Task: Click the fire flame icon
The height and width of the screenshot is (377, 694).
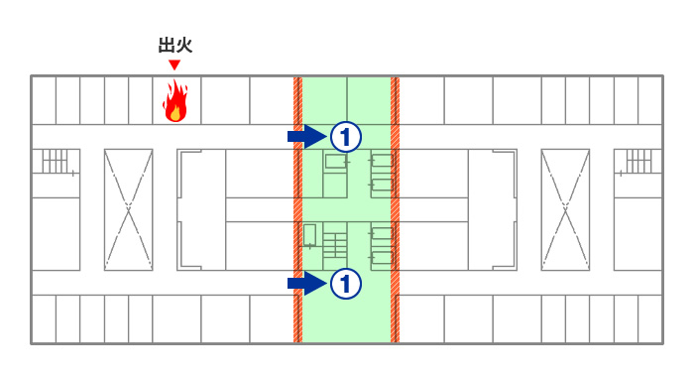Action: point(175,101)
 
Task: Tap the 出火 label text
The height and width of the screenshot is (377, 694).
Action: point(174,45)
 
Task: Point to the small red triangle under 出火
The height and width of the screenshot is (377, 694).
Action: point(174,65)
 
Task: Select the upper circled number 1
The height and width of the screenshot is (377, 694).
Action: point(344,135)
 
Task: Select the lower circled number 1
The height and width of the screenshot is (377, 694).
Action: point(344,284)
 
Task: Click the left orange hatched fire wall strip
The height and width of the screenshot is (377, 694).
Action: point(297,208)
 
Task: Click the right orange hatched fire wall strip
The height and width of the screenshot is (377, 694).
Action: point(395,208)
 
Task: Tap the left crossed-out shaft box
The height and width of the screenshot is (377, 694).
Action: point(129,208)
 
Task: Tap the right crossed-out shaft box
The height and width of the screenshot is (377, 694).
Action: point(565,208)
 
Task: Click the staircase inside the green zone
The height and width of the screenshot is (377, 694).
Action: point(335,248)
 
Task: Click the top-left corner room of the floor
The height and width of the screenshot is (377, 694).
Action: point(44,99)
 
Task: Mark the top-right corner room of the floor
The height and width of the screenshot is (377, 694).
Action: point(650,99)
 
